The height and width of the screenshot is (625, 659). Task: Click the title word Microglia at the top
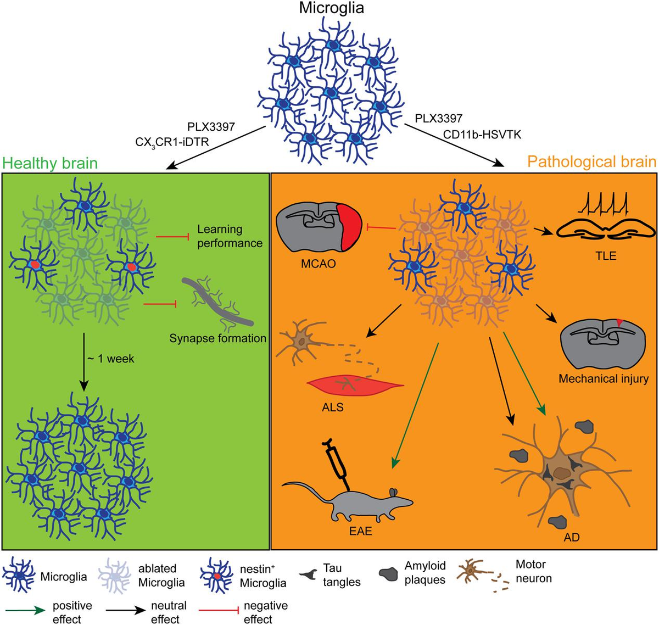331,8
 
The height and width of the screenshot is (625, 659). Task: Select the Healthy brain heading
50,163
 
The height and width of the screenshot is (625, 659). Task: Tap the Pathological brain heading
591,161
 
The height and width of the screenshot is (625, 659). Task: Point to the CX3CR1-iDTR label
172,143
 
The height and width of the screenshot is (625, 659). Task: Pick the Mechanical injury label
604,378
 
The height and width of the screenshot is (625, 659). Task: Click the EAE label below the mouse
361,531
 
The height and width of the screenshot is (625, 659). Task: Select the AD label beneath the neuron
572,537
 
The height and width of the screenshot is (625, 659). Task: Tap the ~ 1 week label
110,359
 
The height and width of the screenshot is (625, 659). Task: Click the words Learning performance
230,236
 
